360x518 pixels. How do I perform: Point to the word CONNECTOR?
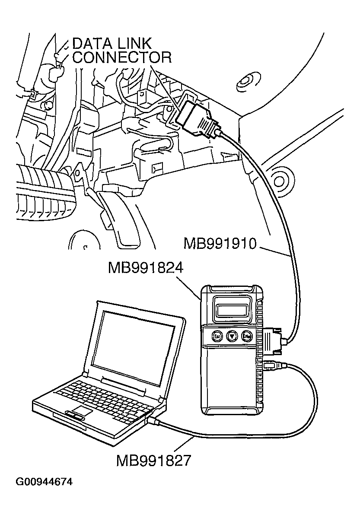[122, 57]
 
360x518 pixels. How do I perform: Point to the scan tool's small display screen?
[232, 310]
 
